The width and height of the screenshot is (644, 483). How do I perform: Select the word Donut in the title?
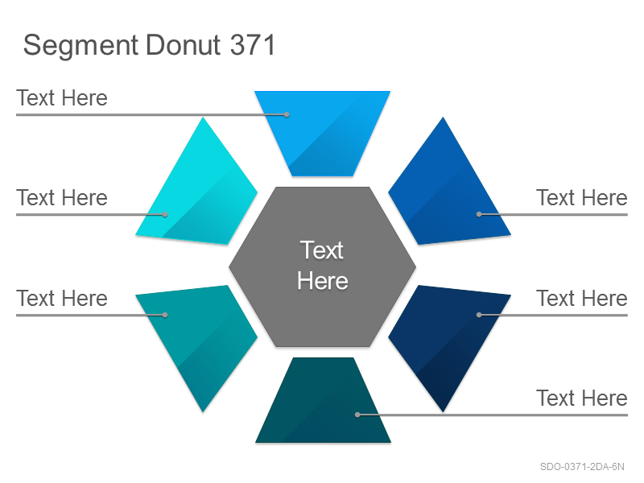184,45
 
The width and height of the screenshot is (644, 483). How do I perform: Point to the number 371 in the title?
253,45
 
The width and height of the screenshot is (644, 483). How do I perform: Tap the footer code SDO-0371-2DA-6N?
582,467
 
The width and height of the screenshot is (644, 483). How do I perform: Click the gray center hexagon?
323,267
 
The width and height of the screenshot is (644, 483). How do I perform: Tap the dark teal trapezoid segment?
323,400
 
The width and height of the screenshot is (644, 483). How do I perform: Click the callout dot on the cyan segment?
165,214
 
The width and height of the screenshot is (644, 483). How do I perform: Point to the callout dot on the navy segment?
479,315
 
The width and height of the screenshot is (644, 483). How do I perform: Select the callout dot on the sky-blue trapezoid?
287,114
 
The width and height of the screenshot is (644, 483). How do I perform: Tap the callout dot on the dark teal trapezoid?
357,415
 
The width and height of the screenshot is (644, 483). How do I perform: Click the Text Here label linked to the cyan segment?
62,198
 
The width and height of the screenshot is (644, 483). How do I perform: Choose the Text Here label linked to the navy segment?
582,299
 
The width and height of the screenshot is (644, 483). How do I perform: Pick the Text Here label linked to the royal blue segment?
582,198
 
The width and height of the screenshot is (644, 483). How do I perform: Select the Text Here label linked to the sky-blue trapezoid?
62,98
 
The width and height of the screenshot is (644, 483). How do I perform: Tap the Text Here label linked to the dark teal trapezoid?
582,398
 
